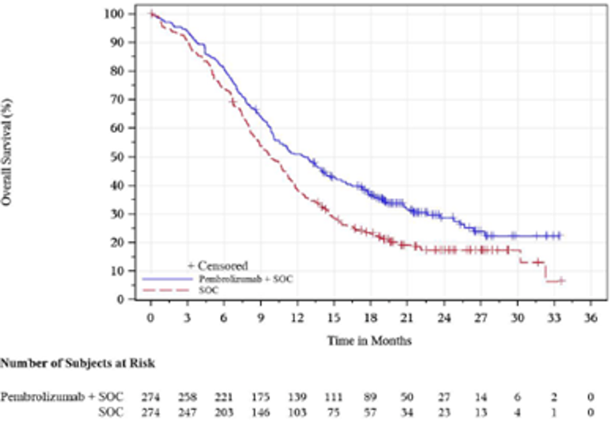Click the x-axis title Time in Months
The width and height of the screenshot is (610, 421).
point(369,340)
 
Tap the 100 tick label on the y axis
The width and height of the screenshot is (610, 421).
point(115,14)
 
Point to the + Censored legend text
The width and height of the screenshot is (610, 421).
point(217,266)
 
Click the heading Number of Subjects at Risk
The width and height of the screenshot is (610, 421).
point(77,364)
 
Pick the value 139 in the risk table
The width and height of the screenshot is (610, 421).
point(297,396)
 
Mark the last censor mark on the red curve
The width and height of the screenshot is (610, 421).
point(561,281)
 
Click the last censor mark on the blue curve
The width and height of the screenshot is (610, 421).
point(560,236)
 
